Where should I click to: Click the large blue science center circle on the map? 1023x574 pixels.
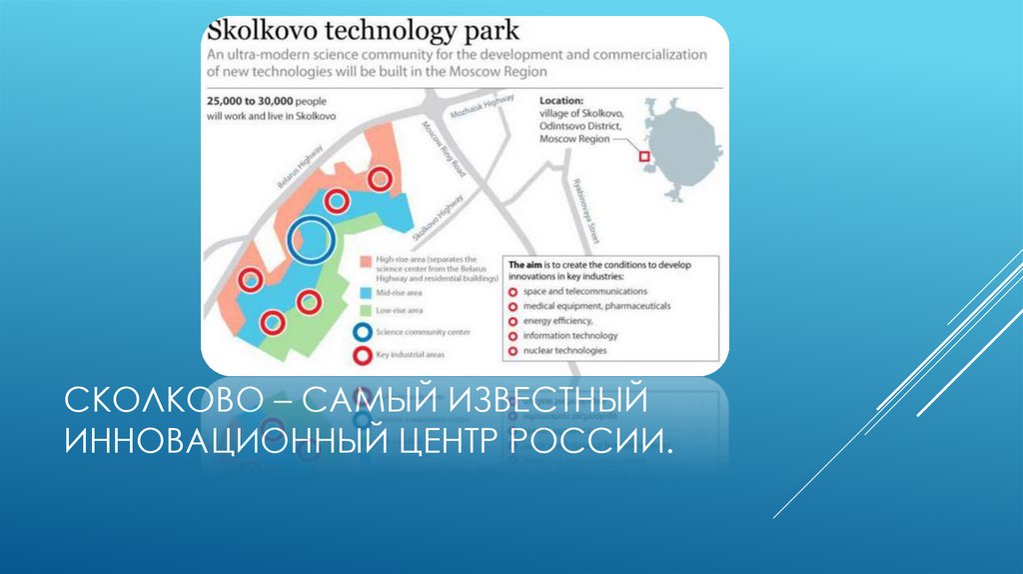click(310, 240)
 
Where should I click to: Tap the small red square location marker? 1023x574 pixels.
click(644, 155)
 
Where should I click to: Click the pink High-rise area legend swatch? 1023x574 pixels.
click(364, 261)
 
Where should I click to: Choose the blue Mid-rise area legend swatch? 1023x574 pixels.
click(364, 294)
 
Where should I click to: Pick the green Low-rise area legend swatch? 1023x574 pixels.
click(364, 311)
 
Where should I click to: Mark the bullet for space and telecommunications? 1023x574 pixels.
click(512, 290)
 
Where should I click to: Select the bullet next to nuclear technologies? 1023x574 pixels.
click(512, 351)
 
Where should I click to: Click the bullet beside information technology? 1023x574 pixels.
click(512, 336)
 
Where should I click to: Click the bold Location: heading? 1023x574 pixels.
click(561, 101)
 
